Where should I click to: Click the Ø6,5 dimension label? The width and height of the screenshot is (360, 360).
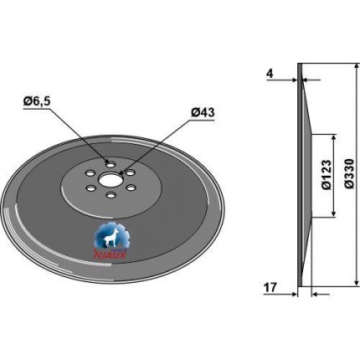pos(37,101)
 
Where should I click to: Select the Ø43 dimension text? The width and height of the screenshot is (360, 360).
pos(203,113)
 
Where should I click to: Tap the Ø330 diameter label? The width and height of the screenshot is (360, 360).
pos(350,174)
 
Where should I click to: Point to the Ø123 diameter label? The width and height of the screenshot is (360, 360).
pos(327,175)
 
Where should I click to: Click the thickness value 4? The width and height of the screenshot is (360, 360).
pos(270,74)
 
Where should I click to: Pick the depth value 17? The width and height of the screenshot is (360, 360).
pos(270,287)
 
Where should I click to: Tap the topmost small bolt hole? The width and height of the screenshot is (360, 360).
pos(111,166)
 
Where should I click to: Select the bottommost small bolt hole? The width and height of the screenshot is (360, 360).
pos(111,195)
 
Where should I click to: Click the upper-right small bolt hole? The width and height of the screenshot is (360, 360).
pos(130,173)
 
